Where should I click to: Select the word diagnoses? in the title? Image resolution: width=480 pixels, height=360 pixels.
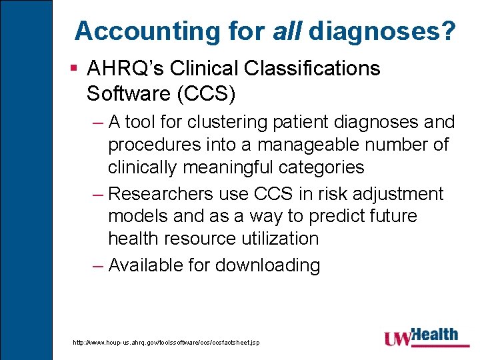tap(383, 31)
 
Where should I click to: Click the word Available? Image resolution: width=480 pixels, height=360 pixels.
tap(145, 265)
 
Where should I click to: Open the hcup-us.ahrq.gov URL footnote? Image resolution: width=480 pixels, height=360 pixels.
tap(166, 343)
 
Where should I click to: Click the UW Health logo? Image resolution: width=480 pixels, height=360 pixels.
tap(421, 337)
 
